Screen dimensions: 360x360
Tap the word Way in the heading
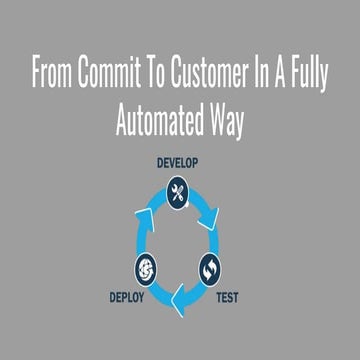[x=221, y=120]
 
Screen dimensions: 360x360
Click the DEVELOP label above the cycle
[x=180, y=162]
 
